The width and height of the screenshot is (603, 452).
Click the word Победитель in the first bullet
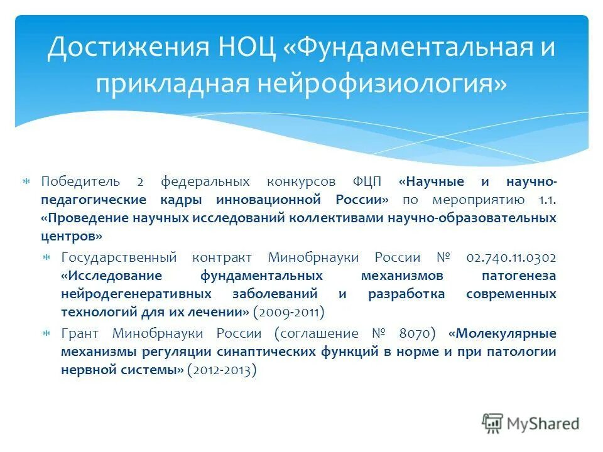(x=80, y=182)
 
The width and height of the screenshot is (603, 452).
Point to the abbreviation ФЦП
(x=369, y=182)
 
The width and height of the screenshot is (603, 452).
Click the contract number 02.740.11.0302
(x=511, y=258)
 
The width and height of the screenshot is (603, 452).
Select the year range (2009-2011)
(x=288, y=312)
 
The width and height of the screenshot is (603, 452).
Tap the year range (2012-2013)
(x=222, y=370)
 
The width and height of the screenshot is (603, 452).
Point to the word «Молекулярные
(x=503, y=333)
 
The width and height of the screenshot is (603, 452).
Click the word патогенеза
(x=519, y=276)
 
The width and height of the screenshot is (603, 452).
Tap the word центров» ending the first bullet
(x=72, y=237)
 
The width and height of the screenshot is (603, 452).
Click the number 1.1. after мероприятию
(x=547, y=200)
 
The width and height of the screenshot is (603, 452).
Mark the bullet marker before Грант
(x=46, y=333)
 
